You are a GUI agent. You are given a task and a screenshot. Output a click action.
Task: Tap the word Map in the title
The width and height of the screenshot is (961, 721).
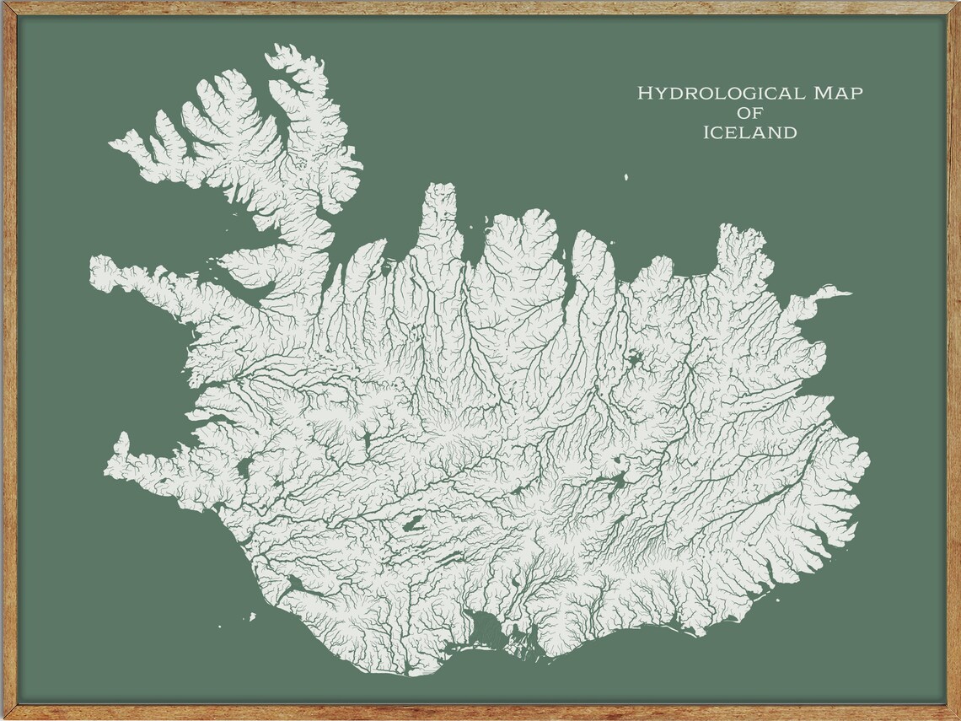[838, 94]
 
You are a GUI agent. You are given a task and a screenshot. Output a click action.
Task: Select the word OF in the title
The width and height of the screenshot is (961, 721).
[749, 113]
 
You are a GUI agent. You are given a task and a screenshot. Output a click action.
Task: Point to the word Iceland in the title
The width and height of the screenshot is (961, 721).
[749, 132]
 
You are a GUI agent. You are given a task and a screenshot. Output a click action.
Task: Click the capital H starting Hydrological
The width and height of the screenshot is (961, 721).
[644, 94]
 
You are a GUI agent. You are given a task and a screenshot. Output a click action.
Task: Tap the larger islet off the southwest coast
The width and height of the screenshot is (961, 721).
[252, 616]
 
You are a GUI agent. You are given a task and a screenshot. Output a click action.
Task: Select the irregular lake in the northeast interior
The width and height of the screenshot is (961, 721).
[633, 361]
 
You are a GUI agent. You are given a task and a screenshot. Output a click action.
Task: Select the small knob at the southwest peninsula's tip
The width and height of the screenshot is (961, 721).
[122, 439]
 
